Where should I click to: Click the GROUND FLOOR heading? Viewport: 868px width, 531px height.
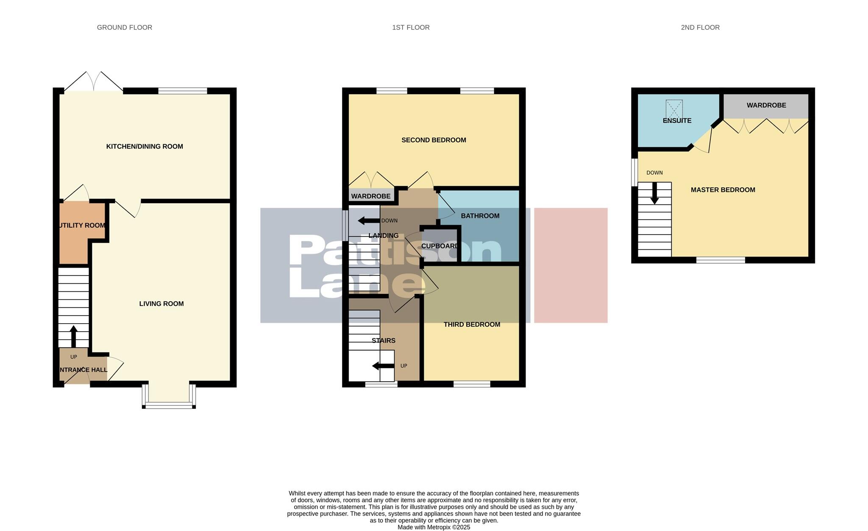coord(124,28)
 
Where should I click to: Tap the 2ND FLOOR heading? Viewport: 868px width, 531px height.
coord(700,28)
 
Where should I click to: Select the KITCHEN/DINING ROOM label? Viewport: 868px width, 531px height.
coord(145,146)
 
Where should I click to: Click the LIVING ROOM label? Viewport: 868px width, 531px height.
coord(161,304)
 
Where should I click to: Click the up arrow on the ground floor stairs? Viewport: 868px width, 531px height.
coord(73,336)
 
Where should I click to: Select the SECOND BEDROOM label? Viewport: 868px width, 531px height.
coord(434,140)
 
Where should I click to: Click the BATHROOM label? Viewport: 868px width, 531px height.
coord(480,216)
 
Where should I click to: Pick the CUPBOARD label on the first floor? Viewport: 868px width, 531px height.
coord(440,246)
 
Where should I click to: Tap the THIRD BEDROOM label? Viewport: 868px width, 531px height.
coord(472,324)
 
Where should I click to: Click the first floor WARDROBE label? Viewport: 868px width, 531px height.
coord(370,196)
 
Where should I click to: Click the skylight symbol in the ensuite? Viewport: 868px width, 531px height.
coord(674,109)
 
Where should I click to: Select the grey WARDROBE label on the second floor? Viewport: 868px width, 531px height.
coord(766,105)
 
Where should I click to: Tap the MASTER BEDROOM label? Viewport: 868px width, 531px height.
coord(723,190)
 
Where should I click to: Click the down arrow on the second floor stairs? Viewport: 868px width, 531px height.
coord(654,193)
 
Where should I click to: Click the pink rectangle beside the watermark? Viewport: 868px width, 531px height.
coord(570,265)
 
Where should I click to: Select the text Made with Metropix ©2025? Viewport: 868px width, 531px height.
coord(434,527)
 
